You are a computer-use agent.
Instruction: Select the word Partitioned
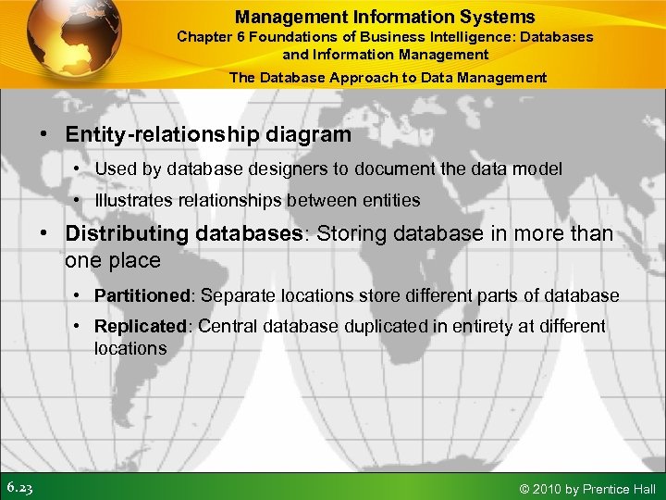[141, 295]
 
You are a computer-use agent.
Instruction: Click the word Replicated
[140, 326]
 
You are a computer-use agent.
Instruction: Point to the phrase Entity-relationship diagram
[208, 134]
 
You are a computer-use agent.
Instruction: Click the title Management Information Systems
[385, 17]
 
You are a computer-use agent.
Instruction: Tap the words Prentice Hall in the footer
[619, 488]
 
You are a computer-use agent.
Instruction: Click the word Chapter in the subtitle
[203, 37]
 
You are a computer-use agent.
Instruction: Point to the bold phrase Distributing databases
[184, 233]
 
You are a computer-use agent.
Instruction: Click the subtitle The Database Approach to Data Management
[388, 78]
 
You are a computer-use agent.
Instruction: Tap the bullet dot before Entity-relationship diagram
[44, 135]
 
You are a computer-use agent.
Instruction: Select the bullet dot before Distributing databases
[44, 234]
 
